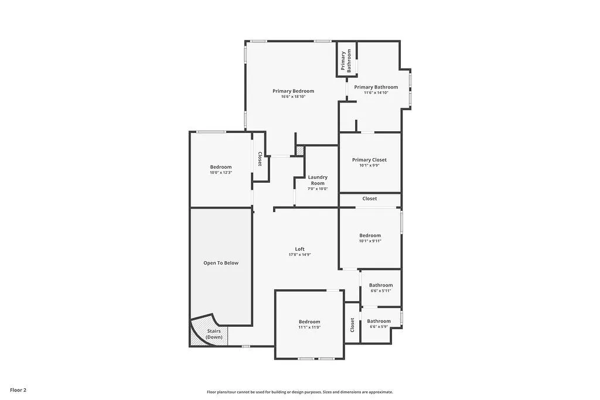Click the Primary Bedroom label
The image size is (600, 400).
(x=293, y=91)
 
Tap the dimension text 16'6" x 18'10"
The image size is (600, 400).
(x=293, y=97)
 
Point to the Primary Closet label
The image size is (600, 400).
(x=369, y=160)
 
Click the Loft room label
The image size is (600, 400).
(x=299, y=249)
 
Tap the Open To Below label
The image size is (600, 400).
(x=221, y=263)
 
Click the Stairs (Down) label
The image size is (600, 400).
(x=214, y=334)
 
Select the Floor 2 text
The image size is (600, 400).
(x=18, y=390)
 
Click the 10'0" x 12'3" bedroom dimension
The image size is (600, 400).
(x=221, y=173)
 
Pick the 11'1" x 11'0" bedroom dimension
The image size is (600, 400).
(x=309, y=327)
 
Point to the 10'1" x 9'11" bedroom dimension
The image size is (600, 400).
(x=370, y=241)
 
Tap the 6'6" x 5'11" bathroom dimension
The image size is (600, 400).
(x=381, y=290)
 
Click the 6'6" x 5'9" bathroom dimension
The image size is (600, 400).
(x=379, y=327)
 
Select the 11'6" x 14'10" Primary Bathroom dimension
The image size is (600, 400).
(x=376, y=93)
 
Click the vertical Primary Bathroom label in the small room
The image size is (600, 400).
(x=346, y=61)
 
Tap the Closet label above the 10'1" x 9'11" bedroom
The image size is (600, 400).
(x=370, y=199)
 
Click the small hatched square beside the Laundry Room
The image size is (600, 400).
(x=299, y=151)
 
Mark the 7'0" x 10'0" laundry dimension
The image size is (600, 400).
(x=318, y=189)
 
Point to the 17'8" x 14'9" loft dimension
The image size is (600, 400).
(x=299, y=255)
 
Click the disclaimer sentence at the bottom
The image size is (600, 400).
(x=299, y=392)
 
